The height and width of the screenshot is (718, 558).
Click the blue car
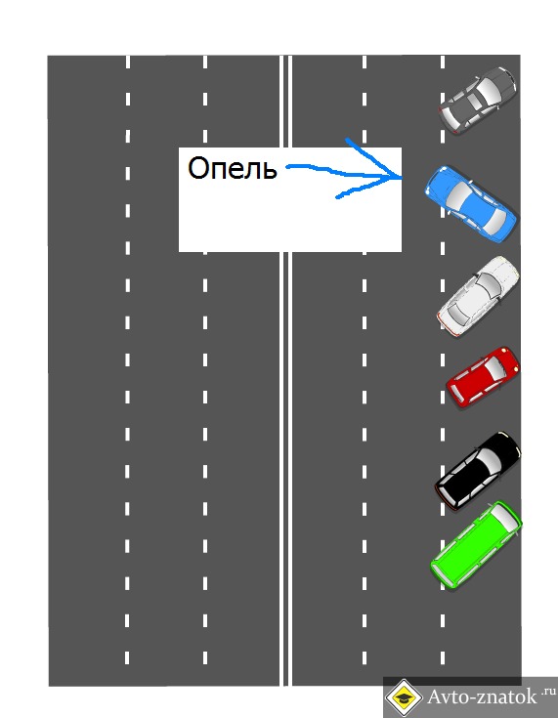click(x=470, y=204)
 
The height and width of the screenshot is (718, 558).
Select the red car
click(x=484, y=376)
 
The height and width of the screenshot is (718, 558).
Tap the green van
click(x=476, y=544)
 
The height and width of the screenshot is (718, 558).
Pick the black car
click(x=478, y=470)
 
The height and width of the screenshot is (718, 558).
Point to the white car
click(x=478, y=296)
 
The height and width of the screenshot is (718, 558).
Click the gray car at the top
click(x=477, y=101)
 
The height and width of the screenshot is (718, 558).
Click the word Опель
click(x=233, y=168)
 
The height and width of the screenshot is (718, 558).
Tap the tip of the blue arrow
click(x=402, y=177)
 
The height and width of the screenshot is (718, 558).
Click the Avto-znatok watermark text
click(x=482, y=697)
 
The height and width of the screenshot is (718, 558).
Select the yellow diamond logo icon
click(x=404, y=697)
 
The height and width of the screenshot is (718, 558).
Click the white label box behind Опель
click(x=290, y=199)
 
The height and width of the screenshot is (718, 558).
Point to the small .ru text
click(x=548, y=691)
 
